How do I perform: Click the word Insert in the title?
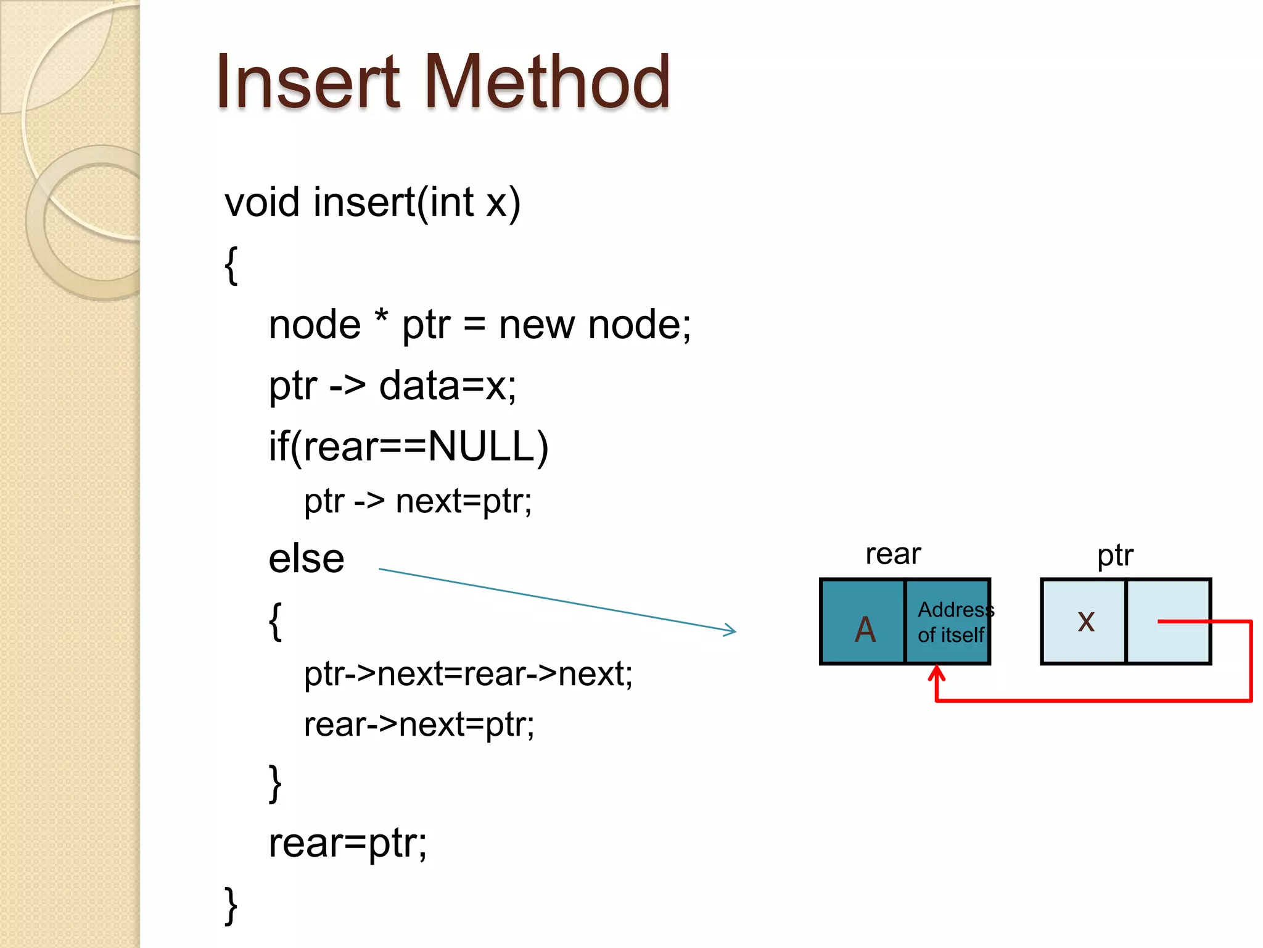click(x=308, y=82)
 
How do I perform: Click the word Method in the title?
click(x=547, y=82)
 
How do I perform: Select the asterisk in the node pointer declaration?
click(x=382, y=318)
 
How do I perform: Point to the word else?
click(x=306, y=559)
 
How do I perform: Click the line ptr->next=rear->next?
click(x=468, y=673)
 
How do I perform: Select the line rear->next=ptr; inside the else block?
click(x=419, y=725)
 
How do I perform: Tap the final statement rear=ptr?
click(x=347, y=843)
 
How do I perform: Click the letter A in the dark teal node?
click(x=865, y=630)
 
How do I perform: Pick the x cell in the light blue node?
click(x=1085, y=621)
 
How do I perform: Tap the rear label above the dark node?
click(x=892, y=554)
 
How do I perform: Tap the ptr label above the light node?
click(x=1115, y=555)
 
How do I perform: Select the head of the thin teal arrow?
click(x=731, y=630)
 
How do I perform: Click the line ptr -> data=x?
click(x=392, y=386)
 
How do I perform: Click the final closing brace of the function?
click(x=231, y=905)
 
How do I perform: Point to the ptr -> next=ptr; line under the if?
click(x=418, y=501)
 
